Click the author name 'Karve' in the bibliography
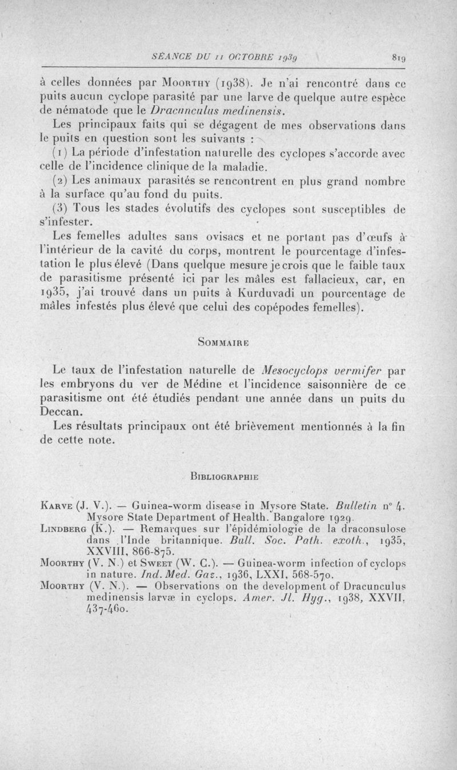(x=55, y=505)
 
